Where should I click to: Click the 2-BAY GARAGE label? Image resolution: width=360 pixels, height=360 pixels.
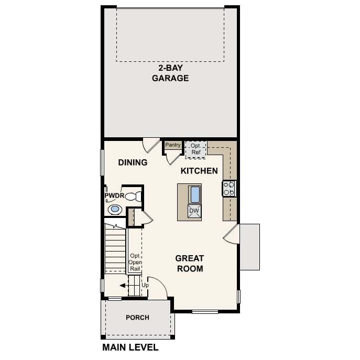point(170,73)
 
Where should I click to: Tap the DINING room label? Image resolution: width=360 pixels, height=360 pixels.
point(133,162)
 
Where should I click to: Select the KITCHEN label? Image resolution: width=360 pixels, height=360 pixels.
point(199,171)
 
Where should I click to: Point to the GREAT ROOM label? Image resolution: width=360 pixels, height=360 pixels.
point(190,264)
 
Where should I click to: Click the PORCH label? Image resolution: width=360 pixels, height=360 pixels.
point(137,318)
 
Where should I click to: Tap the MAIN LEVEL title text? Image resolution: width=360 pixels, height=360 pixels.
point(130,347)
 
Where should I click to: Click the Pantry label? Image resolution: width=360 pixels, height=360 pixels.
point(173,145)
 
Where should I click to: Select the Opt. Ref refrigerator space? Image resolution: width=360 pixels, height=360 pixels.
point(196,149)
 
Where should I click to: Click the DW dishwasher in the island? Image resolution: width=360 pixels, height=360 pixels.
point(194,211)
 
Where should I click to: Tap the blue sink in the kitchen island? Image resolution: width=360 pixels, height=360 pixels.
point(195,194)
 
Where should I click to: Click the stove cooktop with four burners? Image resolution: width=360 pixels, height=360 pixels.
point(229,189)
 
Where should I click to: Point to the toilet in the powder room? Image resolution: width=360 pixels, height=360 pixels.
point(133,197)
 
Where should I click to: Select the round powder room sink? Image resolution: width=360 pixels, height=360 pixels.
point(115,209)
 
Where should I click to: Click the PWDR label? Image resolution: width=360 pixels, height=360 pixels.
point(114,195)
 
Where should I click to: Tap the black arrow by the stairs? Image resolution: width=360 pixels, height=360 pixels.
point(123,286)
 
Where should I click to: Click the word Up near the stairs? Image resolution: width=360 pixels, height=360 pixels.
point(145,285)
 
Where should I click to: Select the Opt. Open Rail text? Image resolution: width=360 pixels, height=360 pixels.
point(135,262)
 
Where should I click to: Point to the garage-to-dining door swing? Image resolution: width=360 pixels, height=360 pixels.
point(150,145)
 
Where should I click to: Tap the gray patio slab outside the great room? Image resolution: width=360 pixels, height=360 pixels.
point(250,247)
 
